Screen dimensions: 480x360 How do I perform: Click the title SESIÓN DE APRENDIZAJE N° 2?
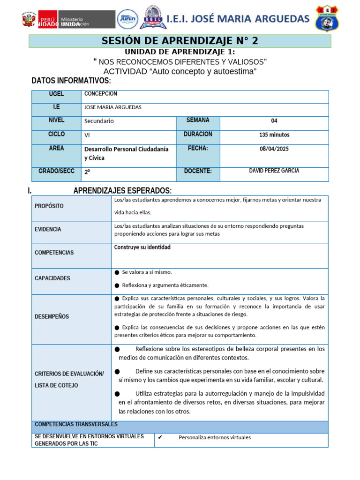pyautogui.click(x=180, y=41)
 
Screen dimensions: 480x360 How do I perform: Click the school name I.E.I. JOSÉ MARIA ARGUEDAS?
pyautogui.click(x=238, y=19)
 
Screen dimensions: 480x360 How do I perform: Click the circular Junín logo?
pyautogui.click(x=127, y=19)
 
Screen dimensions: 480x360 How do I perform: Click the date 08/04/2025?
pyautogui.click(x=274, y=149)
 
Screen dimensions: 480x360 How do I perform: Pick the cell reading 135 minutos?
pyautogui.click(x=274, y=135)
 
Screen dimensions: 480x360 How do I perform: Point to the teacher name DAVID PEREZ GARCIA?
pyautogui.click(x=274, y=171)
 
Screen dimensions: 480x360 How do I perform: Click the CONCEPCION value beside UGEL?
pyautogui.click(x=101, y=94)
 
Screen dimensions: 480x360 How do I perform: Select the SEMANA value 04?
pyautogui.click(x=274, y=120)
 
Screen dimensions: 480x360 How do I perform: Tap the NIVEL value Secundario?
pyautogui.click(x=99, y=121)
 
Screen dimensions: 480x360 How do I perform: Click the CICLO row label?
pyautogui.click(x=56, y=134)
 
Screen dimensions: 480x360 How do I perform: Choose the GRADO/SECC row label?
pyautogui.click(x=56, y=171)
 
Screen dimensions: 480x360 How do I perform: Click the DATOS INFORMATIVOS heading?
pyautogui.click(x=71, y=81)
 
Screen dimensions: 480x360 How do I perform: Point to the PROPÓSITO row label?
pyautogui.click(x=49, y=206)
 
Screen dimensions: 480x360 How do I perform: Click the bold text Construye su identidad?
pyautogui.click(x=142, y=247)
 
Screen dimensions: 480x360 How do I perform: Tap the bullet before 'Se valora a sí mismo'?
pyautogui.click(x=117, y=272)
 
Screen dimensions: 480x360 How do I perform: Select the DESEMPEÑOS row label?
pyautogui.click(x=52, y=316)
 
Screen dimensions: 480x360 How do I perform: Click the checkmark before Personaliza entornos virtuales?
pyautogui.click(x=160, y=437)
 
